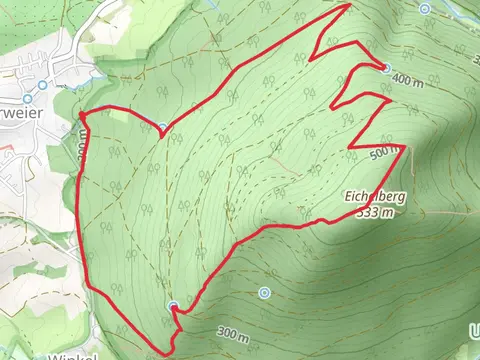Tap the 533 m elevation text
tap(376, 212)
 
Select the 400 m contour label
tap(409, 78)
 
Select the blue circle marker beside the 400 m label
tap(387, 68)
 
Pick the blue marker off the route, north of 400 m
tap(425, 8)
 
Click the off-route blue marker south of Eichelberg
tap(264, 293)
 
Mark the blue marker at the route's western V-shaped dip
tap(162, 126)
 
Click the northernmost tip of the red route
tap(349, 5)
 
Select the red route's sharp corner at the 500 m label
tap(404, 146)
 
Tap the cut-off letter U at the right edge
tap(474, 330)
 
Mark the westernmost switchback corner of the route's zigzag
tap(314, 52)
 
